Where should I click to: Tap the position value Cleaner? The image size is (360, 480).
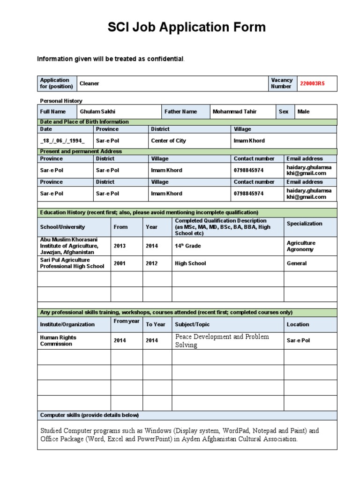[x=90, y=83]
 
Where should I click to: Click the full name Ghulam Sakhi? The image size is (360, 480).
[x=97, y=112]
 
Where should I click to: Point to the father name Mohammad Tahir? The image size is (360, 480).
[x=234, y=112]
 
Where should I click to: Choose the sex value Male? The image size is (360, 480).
[x=303, y=112]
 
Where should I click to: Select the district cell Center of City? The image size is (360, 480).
[x=168, y=141]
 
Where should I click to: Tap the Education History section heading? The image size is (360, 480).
[x=149, y=212]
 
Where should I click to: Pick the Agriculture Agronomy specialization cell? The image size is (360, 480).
[x=301, y=246]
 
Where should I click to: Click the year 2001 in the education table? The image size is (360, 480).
[x=120, y=263]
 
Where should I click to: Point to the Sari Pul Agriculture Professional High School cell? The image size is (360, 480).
[x=72, y=263]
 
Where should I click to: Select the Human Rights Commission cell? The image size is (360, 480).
[x=58, y=340]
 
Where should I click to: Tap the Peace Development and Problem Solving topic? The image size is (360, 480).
[x=222, y=341]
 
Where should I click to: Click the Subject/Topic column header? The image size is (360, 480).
[x=192, y=324]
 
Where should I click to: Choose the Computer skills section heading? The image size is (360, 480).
[x=89, y=415]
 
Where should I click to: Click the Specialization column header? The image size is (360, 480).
[x=304, y=224]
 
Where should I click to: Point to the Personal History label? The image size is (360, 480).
[x=61, y=101]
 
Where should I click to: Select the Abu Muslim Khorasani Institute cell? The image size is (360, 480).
[x=69, y=246]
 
